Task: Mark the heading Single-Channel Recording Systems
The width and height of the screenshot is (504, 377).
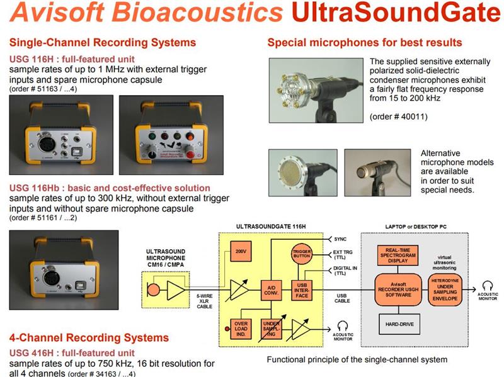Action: tap(103, 43)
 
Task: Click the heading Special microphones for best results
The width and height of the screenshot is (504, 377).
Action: tap(365, 43)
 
